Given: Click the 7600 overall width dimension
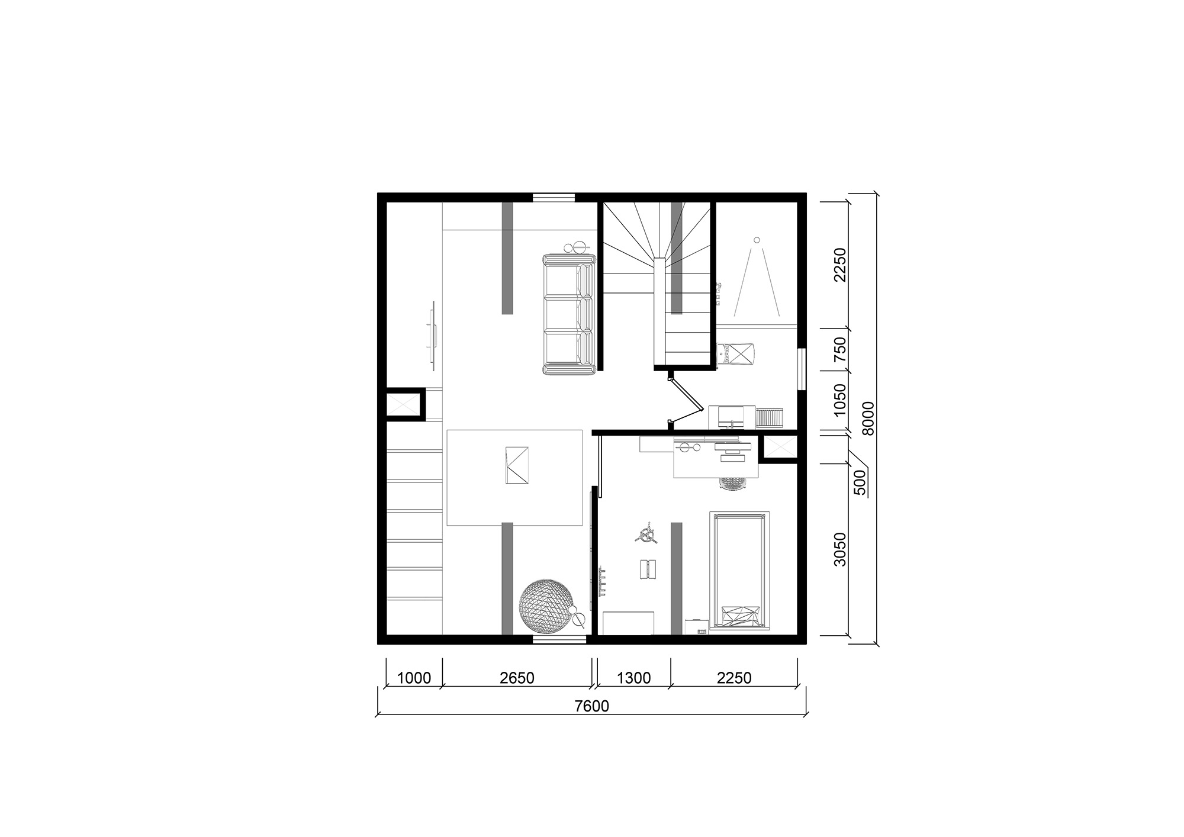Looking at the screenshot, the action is pos(592,706).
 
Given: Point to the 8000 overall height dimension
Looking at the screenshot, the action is pos(867,418).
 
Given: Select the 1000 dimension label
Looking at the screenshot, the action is pos(414,678).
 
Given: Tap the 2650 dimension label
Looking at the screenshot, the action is pos(517,678).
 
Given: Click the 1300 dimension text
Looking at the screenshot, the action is pos(634,678).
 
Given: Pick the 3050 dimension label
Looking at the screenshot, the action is pos(839,549).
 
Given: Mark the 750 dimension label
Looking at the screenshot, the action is pos(839,350).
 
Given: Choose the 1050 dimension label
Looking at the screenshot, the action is pos(839,400).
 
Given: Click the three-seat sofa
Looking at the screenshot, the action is pos(569,314).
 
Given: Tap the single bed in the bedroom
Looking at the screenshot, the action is pos(739,571).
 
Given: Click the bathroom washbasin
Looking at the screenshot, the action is pos(732,416).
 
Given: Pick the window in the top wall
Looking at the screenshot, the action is pos(554,198).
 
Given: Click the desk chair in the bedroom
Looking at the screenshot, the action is pos(734,483).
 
